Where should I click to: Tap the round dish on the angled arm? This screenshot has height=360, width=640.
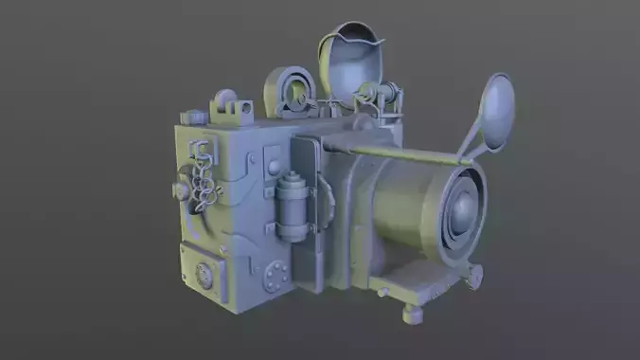[498, 110]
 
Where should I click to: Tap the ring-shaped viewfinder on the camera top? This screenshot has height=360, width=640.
[295, 94]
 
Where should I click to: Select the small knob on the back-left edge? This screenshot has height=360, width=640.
[180, 190]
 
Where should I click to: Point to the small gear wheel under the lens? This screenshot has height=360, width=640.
[472, 276]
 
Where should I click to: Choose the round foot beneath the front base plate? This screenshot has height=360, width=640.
[409, 312]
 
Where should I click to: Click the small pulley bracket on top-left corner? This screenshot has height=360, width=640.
[225, 102]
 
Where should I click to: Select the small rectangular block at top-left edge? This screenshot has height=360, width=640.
[194, 117]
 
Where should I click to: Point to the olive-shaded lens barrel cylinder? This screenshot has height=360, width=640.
[407, 204]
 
